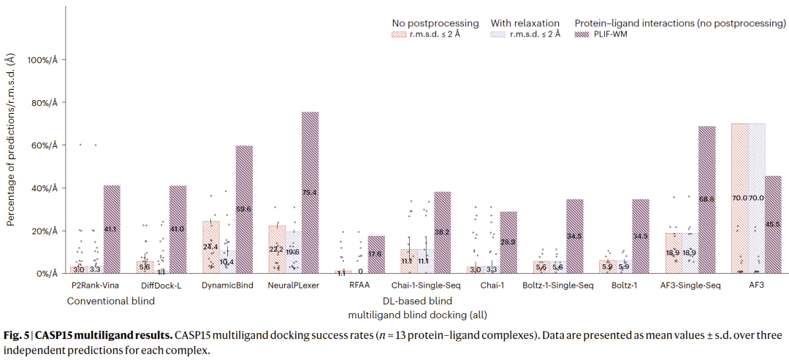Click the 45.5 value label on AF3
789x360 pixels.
(773, 224)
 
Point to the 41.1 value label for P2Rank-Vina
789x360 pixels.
(112, 229)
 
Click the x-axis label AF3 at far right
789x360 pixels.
(756, 286)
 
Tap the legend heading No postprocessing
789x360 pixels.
(435, 23)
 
